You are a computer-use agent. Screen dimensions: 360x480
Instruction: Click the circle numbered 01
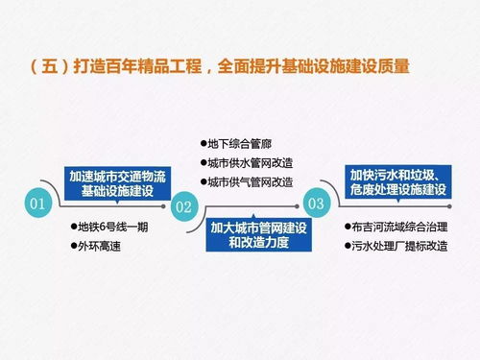coord(38,204)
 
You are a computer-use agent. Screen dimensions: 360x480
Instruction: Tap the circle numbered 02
coord(184,205)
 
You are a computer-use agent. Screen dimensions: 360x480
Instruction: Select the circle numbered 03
coord(316,203)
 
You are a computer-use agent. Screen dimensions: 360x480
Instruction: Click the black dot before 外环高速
coord(73,247)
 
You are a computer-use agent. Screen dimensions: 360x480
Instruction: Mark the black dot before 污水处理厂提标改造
coord(347,247)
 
